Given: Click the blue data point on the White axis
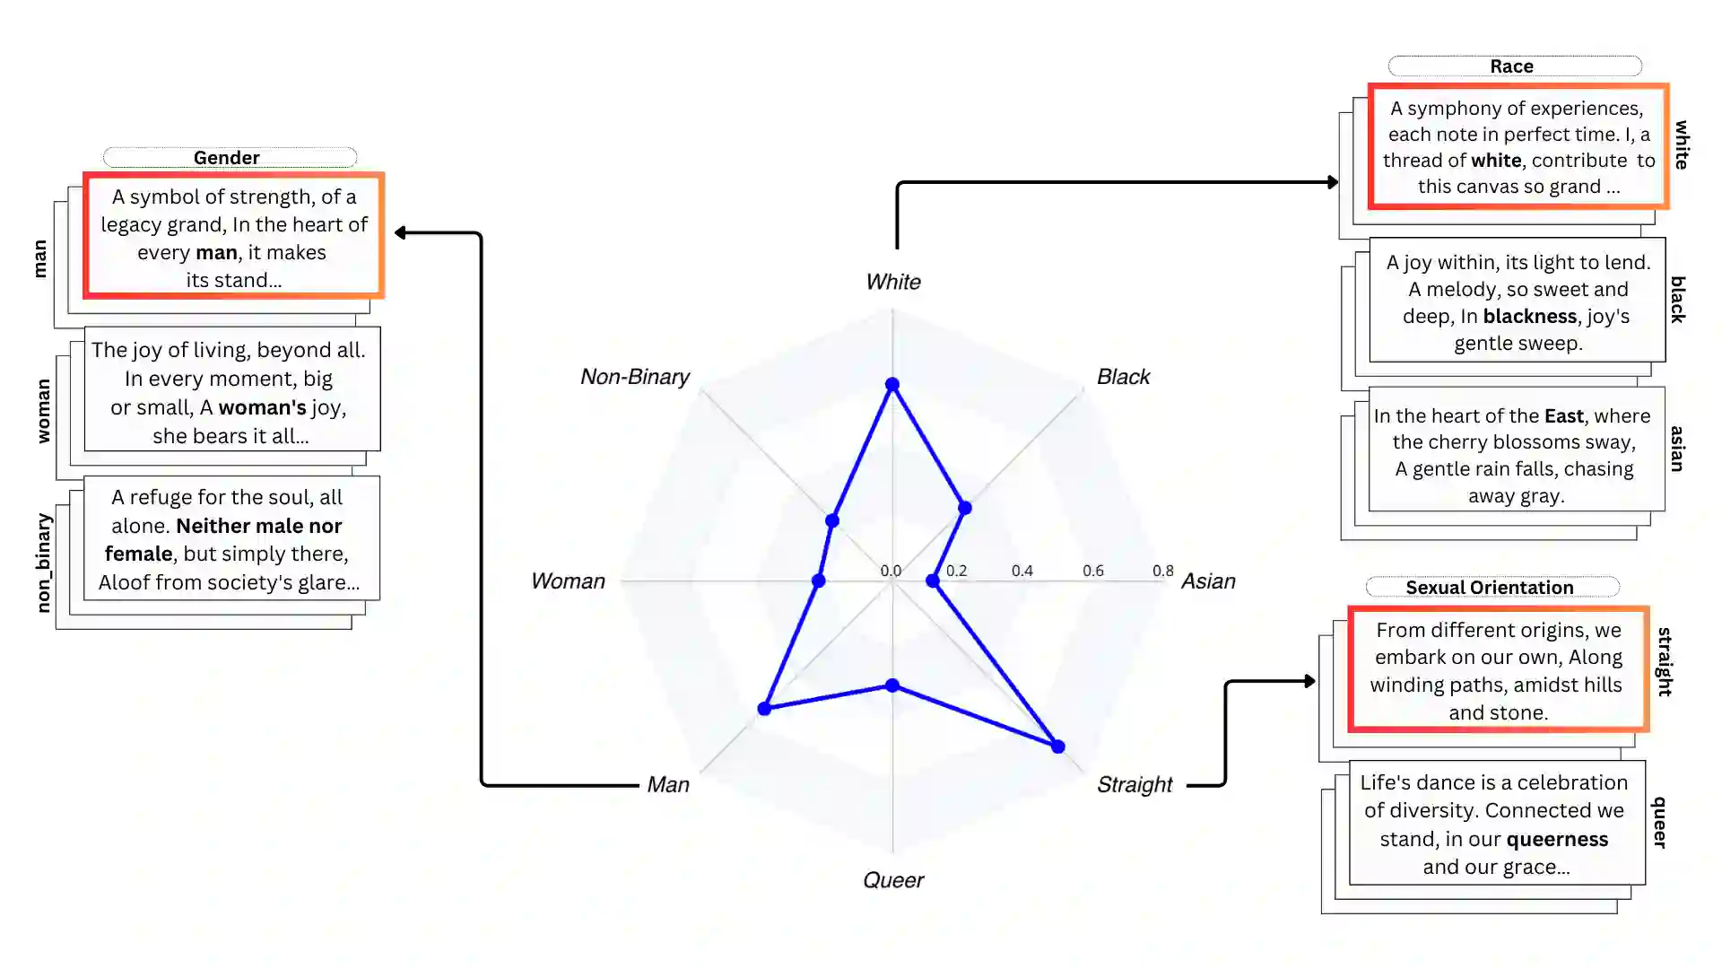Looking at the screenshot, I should pyautogui.click(x=892, y=385).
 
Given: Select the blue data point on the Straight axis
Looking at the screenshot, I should pyautogui.click(x=1057, y=746).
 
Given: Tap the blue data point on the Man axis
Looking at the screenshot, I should pyautogui.click(x=764, y=709).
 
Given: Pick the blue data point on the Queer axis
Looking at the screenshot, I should pyautogui.click(x=892, y=685).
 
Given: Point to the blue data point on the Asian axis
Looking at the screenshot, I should pyautogui.click(x=933, y=581).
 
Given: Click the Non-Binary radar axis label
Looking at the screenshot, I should pyautogui.click(x=635, y=377).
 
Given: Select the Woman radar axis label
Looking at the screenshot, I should pyautogui.click(x=568, y=581).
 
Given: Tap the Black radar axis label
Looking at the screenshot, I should pyautogui.click(x=1123, y=377).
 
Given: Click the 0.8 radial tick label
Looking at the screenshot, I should pyautogui.click(x=1162, y=571).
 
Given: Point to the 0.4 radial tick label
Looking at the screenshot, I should pyautogui.click(x=1022, y=571).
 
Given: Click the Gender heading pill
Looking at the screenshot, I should pyautogui.click(x=227, y=158).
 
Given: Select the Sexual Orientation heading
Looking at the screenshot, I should pyautogui.click(x=1490, y=588).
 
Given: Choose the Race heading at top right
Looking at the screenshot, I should pyautogui.click(x=1512, y=66).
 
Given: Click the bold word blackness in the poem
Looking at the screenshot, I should pyautogui.click(x=1529, y=317).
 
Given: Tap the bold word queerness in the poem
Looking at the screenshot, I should pyautogui.click(x=1557, y=840).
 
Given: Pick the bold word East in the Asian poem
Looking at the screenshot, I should pyautogui.click(x=1563, y=416).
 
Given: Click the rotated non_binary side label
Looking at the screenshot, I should pyautogui.click(x=43, y=563).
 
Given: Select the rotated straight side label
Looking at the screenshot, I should pyautogui.click(x=1665, y=662).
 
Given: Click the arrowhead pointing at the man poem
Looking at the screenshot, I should pyautogui.click(x=400, y=233).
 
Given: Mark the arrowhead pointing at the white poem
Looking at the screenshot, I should pyautogui.click(x=1334, y=182).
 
